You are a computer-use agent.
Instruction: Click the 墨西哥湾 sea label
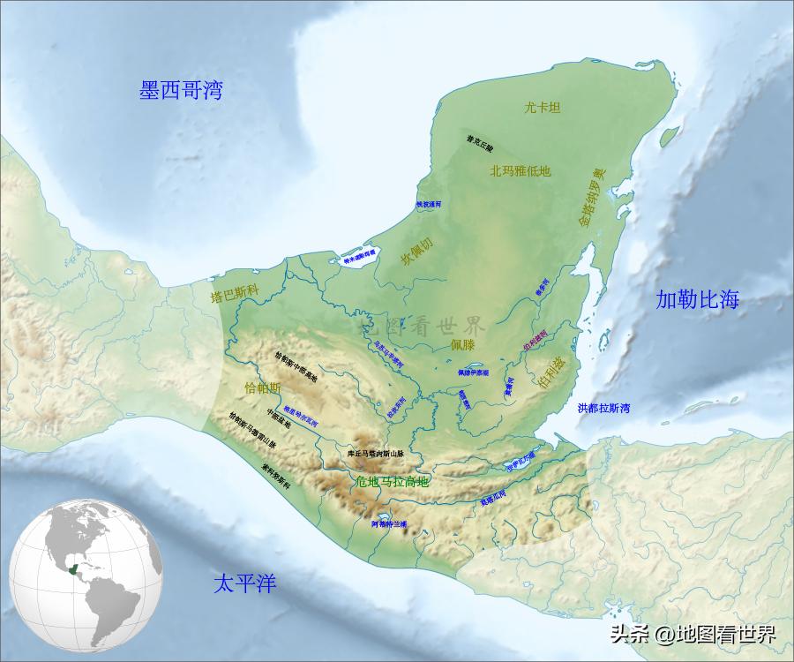coord(181,90)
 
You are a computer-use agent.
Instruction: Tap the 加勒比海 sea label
coord(697,299)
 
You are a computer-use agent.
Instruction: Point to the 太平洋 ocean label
coord(245,583)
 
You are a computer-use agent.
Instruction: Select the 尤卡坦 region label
coord(543,108)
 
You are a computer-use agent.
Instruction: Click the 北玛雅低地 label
coord(521,171)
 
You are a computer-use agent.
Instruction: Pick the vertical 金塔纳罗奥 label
coord(590,198)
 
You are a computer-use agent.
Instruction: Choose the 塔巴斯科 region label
coord(234,296)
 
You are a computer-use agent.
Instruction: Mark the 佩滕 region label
coord(463,343)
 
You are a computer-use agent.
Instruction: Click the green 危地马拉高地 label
coord(391,482)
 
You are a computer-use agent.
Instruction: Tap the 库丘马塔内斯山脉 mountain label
coord(375,453)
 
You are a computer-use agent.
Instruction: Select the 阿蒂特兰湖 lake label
coord(389,523)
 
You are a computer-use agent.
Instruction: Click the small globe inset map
coord(86,573)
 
